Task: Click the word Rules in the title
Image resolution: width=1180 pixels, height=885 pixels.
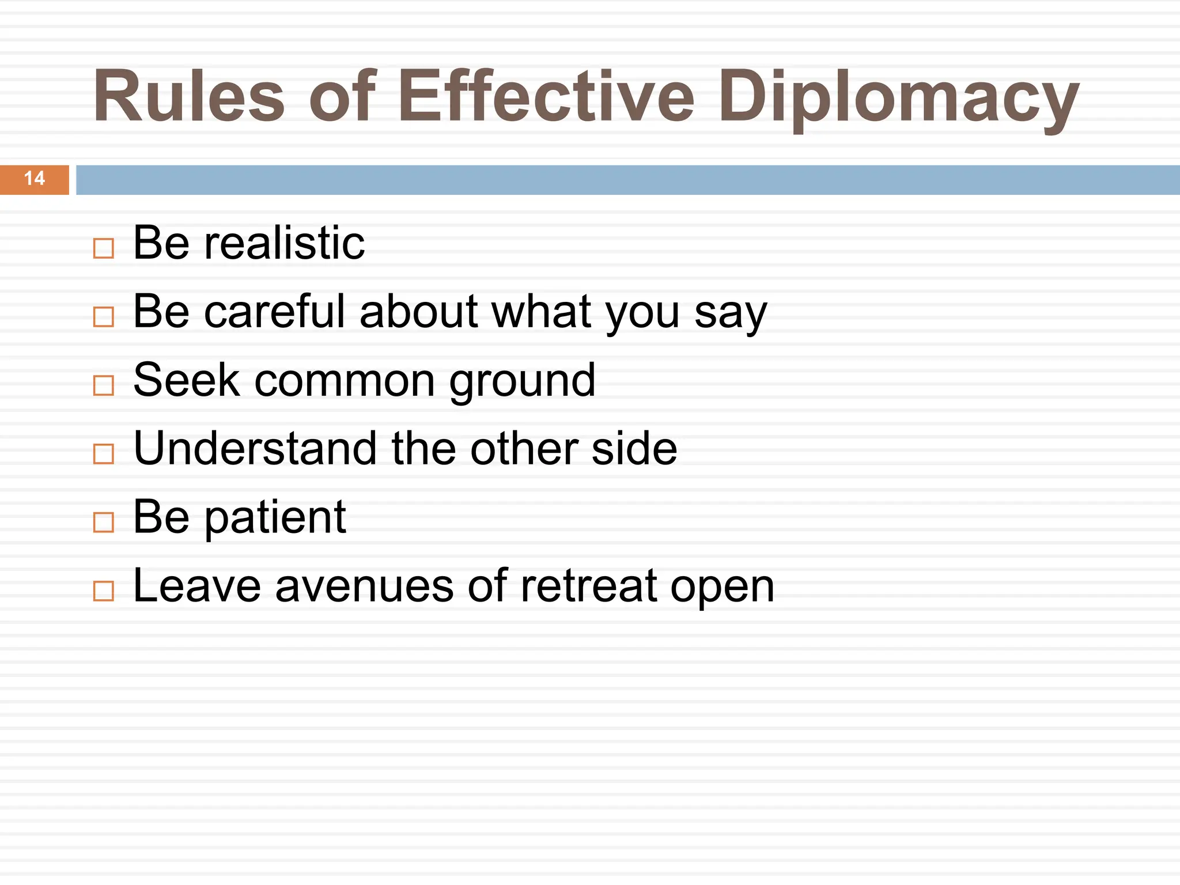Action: click(189, 96)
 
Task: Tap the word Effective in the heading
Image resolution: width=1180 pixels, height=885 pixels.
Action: click(546, 96)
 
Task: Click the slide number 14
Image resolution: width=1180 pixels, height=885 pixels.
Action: click(35, 179)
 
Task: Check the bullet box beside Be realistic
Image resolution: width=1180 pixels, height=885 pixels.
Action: click(104, 248)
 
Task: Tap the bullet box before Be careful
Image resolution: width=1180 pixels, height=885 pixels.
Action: click(104, 317)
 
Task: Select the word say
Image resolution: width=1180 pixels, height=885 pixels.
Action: click(731, 314)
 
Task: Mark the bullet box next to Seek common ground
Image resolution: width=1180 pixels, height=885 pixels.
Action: click(104, 385)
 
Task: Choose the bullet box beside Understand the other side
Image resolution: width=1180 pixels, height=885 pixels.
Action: click(104, 454)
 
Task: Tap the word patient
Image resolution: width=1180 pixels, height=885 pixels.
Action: click(275, 519)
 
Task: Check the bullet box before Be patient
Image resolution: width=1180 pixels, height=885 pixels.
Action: click(104, 522)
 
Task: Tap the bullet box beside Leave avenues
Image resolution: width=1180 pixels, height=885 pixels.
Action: click(104, 591)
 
